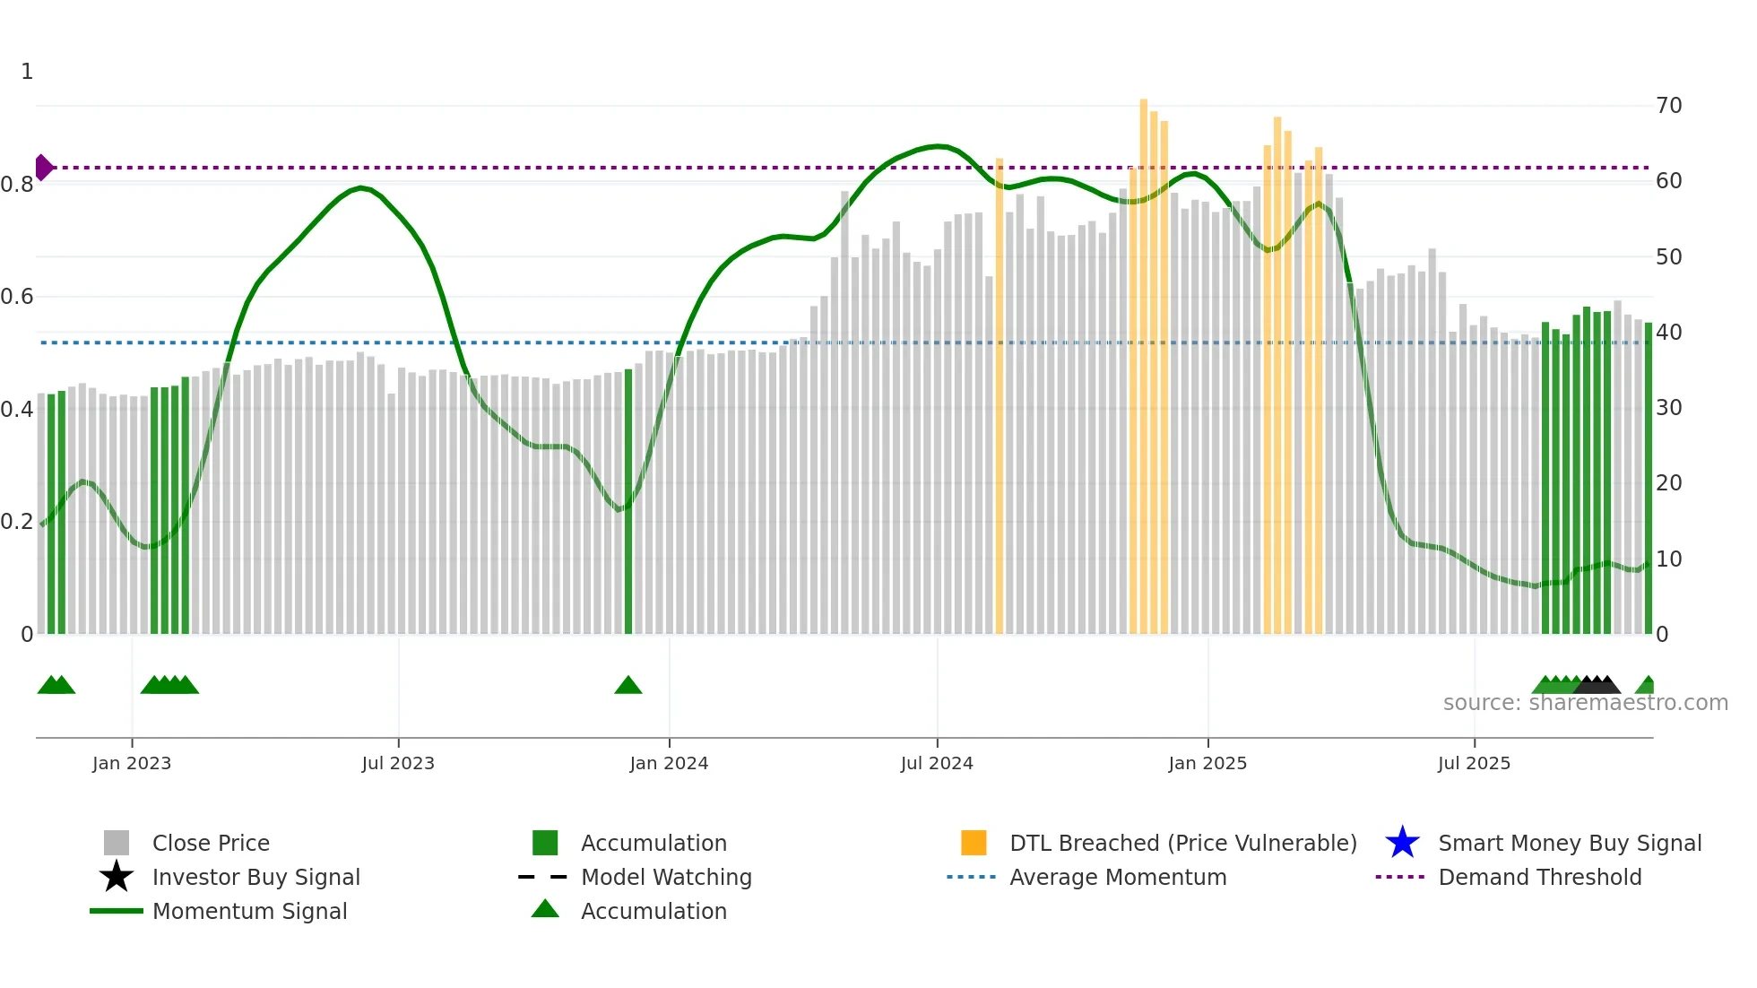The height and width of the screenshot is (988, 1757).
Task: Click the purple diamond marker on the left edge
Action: click(43, 168)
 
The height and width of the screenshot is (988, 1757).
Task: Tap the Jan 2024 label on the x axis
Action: click(669, 763)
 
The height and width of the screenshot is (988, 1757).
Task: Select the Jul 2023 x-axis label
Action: click(398, 763)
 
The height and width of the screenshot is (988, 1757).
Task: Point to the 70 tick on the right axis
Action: click(1668, 106)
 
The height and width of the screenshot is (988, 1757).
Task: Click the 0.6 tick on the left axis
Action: click(18, 297)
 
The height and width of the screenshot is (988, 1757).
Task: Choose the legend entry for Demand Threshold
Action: click(1539, 877)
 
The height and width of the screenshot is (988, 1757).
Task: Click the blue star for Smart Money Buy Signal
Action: click(1402, 843)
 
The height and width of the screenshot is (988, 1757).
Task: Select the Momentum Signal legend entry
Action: click(249, 911)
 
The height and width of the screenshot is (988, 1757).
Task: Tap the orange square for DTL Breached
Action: click(974, 843)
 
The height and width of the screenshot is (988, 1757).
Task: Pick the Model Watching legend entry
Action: click(665, 877)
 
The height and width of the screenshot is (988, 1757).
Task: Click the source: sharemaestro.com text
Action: click(1585, 703)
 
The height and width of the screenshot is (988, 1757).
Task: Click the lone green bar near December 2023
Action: click(628, 502)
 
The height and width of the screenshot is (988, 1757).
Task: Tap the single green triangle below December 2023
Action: click(628, 686)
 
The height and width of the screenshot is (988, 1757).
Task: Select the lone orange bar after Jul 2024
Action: click(1000, 394)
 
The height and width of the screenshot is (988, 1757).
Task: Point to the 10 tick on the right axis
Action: click(1668, 559)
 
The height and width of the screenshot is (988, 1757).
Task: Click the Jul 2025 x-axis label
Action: click(1474, 763)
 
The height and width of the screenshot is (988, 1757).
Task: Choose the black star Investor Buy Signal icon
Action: click(117, 877)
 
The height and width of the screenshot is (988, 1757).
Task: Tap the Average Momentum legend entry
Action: click(1117, 877)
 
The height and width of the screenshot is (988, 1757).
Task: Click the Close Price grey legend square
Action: click(117, 843)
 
